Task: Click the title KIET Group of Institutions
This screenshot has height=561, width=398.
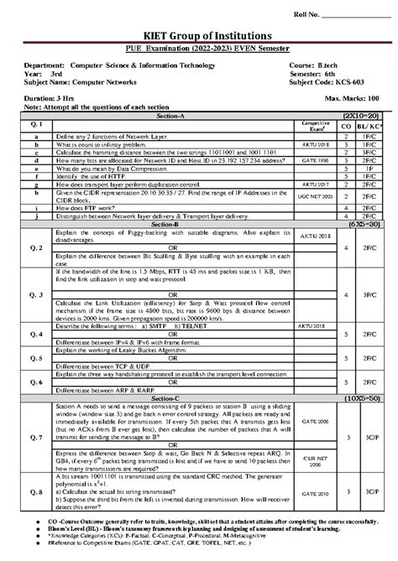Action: [x=198, y=38]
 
